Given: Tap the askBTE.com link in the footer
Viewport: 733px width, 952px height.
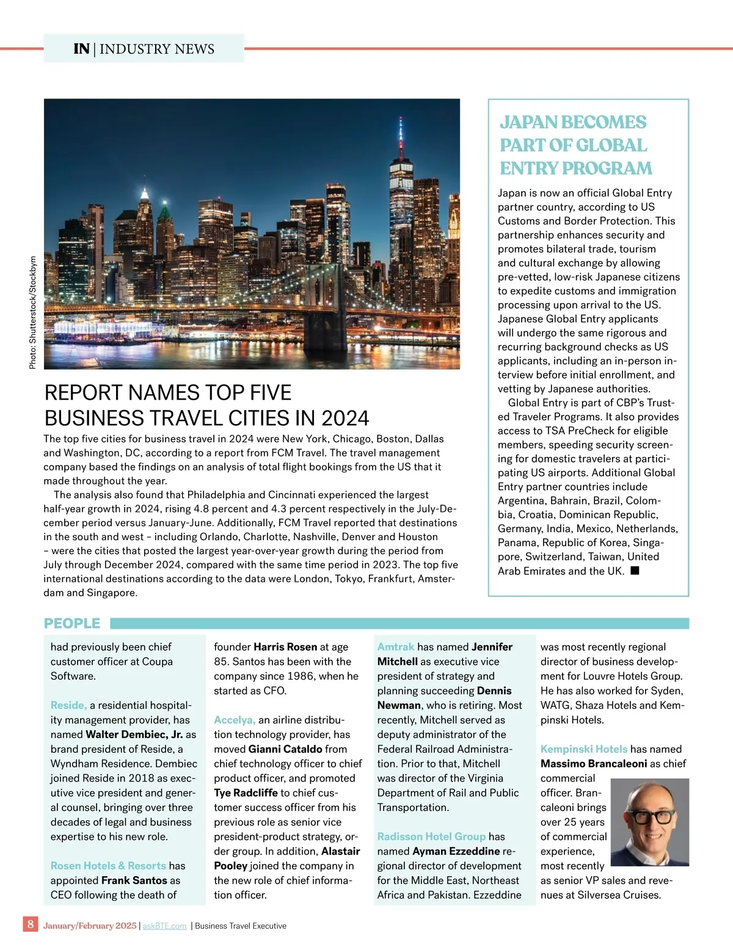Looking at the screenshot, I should click(164, 926).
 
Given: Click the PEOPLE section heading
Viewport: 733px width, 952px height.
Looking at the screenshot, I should click(72, 623).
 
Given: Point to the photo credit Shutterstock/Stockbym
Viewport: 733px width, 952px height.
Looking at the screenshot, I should click(33, 312).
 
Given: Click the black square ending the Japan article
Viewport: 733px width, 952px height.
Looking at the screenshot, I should click(635, 571).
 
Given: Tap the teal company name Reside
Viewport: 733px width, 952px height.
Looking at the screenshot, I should click(68, 705).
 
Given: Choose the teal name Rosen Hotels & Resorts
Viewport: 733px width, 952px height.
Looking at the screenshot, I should click(108, 866).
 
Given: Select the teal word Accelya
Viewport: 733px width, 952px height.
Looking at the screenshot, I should click(234, 720).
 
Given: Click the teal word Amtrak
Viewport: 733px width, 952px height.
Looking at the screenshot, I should click(395, 646).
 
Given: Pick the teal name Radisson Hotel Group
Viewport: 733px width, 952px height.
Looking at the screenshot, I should click(431, 837).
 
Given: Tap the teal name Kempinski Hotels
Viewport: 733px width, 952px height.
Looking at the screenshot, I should click(583, 749).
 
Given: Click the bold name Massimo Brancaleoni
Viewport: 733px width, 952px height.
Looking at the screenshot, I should click(593, 764).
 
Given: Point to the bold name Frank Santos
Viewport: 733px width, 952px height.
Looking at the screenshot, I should click(134, 881).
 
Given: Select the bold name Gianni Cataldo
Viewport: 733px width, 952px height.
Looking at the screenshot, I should click(285, 749).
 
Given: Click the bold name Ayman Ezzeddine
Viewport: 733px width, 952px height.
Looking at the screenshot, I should click(456, 851).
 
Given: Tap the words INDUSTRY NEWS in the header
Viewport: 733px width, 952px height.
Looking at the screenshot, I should click(157, 49).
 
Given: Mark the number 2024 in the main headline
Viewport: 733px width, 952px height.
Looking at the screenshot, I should click(345, 419).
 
